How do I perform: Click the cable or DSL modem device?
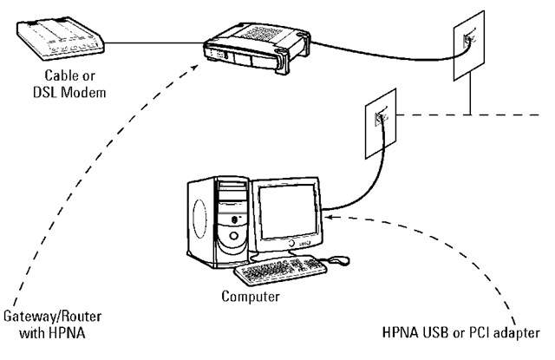[59, 38]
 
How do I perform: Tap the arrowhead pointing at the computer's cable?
[332, 217]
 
